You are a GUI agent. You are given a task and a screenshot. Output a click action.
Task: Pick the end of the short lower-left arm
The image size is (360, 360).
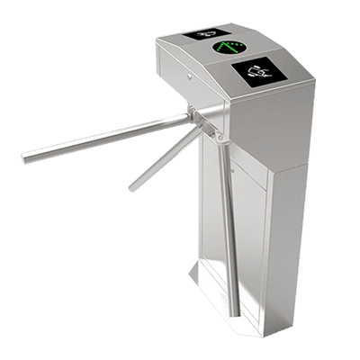point(131,188)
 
